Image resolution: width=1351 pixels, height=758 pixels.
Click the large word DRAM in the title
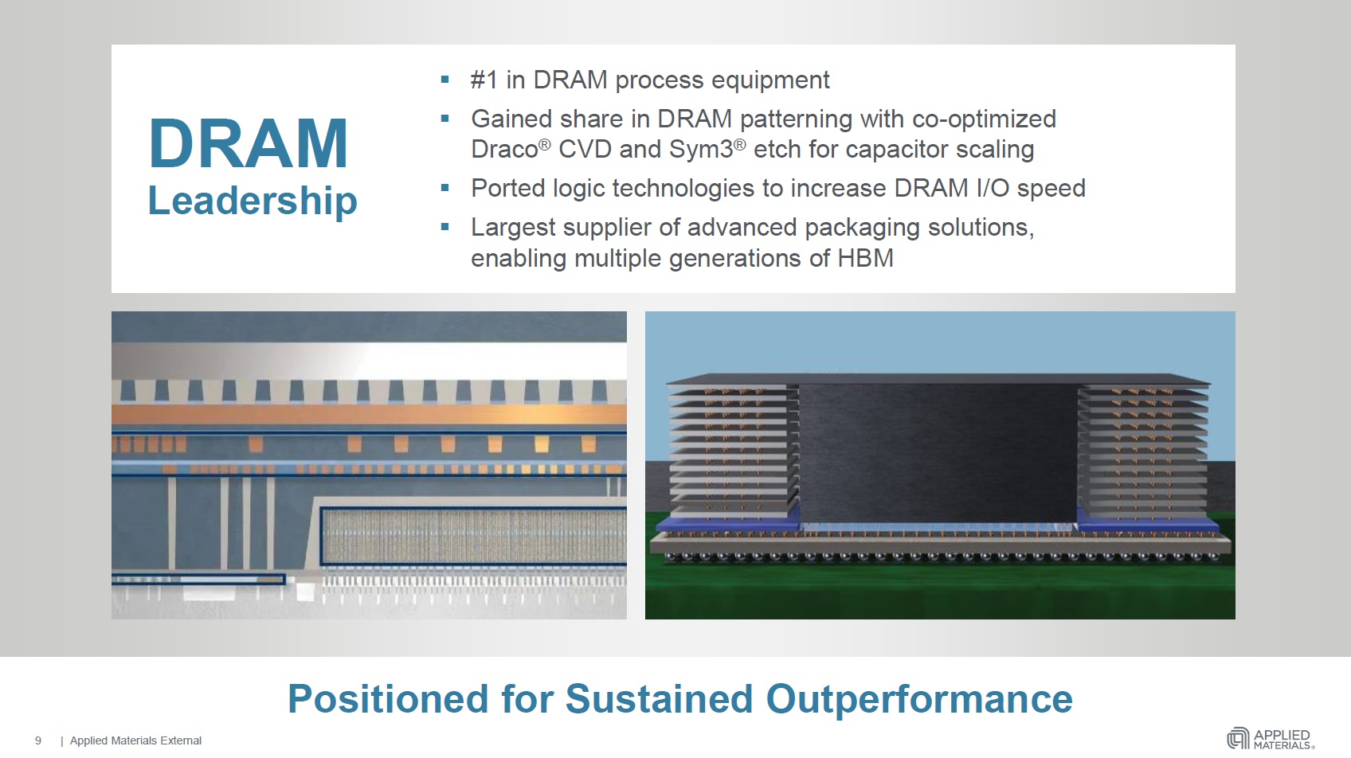point(248,143)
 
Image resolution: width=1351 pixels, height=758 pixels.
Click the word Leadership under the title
point(253,200)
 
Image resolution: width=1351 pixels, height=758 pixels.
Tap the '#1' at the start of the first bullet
point(484,80)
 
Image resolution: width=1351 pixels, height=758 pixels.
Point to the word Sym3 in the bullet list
point(701,150)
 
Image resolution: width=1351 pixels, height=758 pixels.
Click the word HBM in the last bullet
point(865,258)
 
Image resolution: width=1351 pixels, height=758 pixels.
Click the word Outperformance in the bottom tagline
point(919,699)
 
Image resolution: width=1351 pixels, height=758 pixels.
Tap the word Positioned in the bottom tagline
point(388,699)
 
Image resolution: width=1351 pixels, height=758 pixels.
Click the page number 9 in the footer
point(38,740)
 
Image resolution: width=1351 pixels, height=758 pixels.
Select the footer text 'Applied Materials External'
point(135,740)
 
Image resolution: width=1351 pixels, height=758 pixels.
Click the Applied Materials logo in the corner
point(1271,738)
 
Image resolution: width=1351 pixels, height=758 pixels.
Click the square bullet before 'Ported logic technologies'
point(445,188)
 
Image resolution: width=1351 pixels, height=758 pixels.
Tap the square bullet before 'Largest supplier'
point(445,227)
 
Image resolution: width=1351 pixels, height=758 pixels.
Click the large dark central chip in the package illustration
point(938,454)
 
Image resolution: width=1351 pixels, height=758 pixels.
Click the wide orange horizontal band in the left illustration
point(369,414)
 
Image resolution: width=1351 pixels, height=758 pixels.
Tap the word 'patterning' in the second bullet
point(796,119)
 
